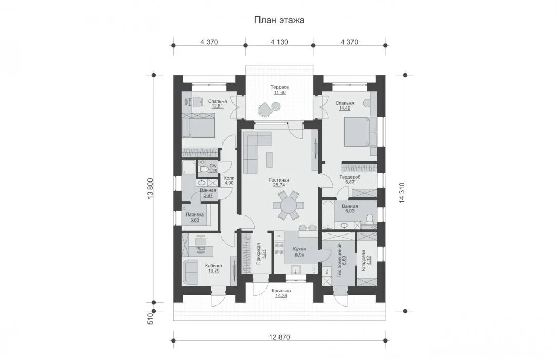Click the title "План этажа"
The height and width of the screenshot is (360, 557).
coord(279,20)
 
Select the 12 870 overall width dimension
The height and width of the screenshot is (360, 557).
coord(279,337)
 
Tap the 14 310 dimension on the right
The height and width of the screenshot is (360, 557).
coord(402,193)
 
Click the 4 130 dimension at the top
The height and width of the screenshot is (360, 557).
coord(279,42)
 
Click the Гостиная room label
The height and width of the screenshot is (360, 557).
coord(279,180)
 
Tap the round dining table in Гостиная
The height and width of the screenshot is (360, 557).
coord(288,205)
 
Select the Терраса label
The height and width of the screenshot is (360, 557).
coord(280,87)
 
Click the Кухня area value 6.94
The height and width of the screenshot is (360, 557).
coord(300,255)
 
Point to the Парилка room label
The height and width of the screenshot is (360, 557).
coord(195,214)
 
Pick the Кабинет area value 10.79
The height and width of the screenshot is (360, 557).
coord(214,271)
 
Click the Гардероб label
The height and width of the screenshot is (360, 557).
coord(350,177)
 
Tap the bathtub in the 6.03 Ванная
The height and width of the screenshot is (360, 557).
coord(327,214)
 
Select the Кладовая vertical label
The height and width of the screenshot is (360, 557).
coord(363,261)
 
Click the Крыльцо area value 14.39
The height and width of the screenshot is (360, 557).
coord(282,295)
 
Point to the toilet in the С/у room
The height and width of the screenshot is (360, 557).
coord(203,169)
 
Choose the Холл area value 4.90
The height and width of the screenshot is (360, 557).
coord(229,183)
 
